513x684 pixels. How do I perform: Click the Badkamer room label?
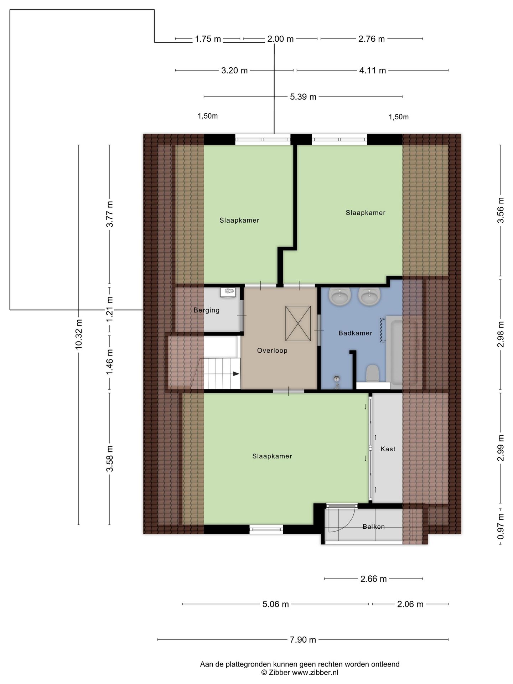(355, 333)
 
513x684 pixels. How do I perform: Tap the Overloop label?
(272, 351)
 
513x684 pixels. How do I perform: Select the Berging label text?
(206, 310)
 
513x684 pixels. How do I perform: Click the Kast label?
(388, 449)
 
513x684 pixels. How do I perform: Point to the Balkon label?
(373, 527)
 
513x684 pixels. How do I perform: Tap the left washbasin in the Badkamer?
(340, 296)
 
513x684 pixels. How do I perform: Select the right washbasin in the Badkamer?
(369, 296)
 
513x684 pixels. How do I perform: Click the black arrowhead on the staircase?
(236, 374)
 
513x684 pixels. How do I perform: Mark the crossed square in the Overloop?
(298, 323)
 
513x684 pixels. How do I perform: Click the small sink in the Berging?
(228, 292)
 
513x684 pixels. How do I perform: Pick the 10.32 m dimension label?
(79, 335)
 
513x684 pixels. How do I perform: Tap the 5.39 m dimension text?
(303, 97)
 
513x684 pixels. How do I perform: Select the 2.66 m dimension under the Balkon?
(373, 579)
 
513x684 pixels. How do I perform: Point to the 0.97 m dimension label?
(501, 526)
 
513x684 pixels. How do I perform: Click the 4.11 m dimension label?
(373, 71)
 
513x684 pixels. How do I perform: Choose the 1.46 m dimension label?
(110, 361)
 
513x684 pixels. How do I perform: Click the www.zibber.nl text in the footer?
(315, 672)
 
